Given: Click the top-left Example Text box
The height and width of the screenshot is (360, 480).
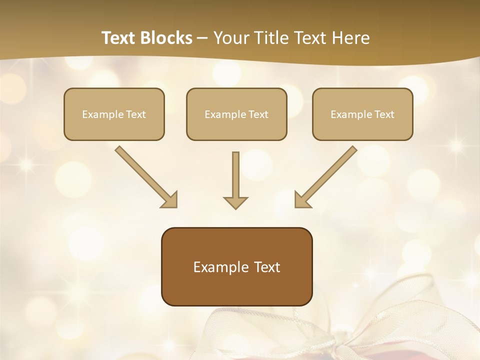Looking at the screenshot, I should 114,114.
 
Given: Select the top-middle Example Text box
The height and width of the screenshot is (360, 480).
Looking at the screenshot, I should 236,114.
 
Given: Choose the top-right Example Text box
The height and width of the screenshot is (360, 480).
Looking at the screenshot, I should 362,114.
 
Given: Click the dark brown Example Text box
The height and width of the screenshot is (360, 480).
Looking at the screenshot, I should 236,266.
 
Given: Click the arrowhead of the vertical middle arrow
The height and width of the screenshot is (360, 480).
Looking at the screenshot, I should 235,202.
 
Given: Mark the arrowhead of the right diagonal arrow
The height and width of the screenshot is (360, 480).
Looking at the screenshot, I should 303,199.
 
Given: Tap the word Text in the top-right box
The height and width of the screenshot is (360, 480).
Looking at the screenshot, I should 383,114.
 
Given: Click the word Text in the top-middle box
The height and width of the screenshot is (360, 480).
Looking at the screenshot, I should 257,114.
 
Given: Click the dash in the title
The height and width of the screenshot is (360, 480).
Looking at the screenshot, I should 202,38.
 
